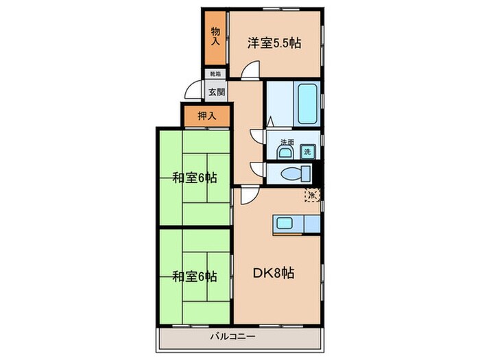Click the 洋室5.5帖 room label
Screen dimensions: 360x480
coord(274,43)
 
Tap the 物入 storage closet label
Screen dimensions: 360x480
coord(215,36)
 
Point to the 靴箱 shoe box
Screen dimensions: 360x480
coord(215,73)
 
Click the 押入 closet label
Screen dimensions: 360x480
coord(206,116)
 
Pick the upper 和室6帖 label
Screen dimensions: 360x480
coord(195,178)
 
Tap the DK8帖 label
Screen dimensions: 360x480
coord(275,273)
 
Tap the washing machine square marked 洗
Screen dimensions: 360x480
coord(307,151)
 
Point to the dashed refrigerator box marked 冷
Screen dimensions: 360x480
coord(312,195)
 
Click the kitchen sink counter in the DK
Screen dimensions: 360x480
coord(296,223)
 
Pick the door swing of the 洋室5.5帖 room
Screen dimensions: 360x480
coord(252,69)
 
